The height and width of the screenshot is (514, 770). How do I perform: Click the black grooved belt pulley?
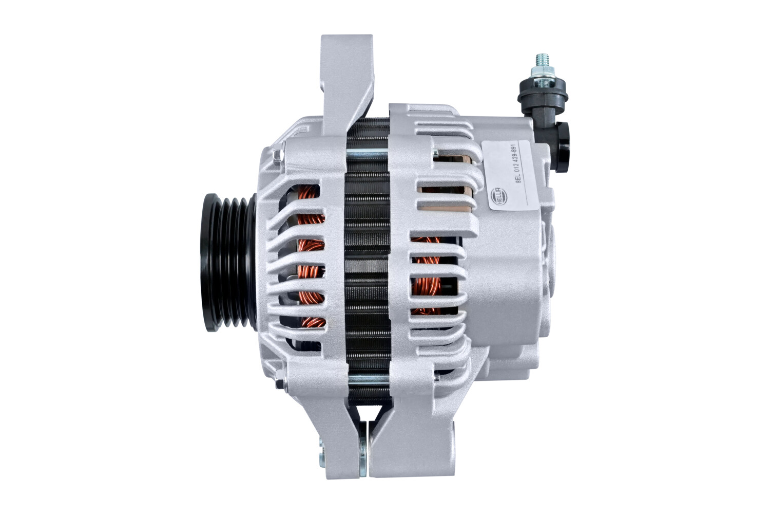[228, 262]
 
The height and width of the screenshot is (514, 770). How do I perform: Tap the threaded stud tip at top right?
[543, 60]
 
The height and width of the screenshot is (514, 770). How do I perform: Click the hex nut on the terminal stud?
[543, 72]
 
